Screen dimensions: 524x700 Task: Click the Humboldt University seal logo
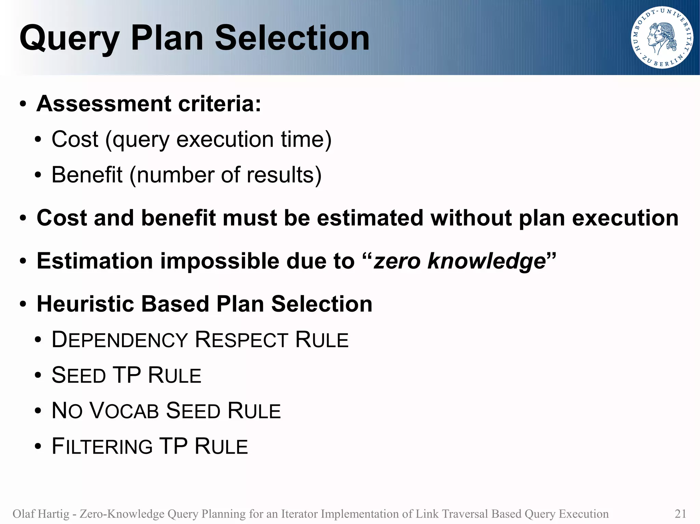click(661, 38)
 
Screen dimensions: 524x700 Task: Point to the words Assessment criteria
click(149, 103)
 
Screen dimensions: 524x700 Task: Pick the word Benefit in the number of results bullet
click(87, 175)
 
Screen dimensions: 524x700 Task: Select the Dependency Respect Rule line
click(200, 340)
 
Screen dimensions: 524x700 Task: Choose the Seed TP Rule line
click(126, 376)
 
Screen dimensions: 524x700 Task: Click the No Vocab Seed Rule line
click(166, 411)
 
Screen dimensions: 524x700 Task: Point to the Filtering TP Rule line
click(150, 447)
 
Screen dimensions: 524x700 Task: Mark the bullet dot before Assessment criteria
click(23, 104)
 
